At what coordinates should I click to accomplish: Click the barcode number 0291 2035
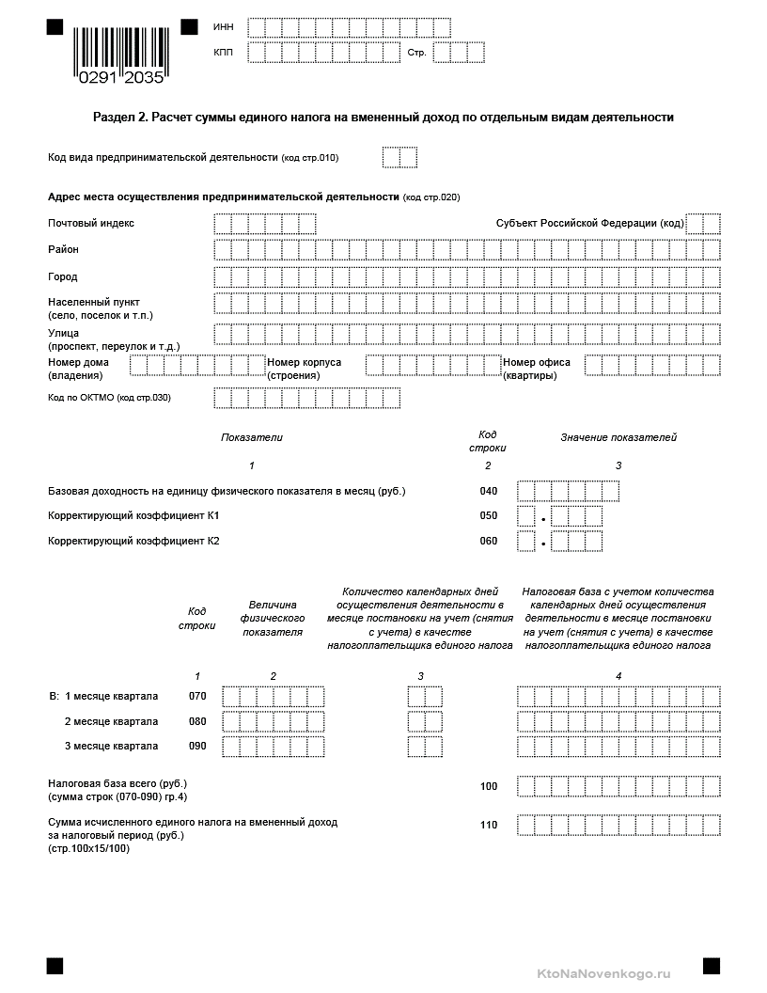[121, 78]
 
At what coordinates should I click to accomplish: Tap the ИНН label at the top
[224, 26]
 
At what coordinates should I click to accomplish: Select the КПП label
[224, 52]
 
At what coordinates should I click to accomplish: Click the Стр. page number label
[416, 53]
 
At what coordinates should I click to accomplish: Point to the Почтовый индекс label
[91, 223]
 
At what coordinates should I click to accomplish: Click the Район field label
[64, 249]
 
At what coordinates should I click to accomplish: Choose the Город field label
[63, 276]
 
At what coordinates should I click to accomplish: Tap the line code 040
[489, 491]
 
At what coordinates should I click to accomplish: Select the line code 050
[489, 516]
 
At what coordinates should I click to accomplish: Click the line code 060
[489, 541]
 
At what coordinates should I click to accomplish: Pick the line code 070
[197, 696]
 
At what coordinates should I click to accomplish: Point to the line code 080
[197, 721]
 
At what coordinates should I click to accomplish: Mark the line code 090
[197, 746]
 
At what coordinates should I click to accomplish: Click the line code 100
[489, 786]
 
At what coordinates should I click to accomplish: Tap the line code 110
[489, 825]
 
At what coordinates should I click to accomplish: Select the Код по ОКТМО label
[109, 398]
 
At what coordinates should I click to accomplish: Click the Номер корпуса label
[305, 362]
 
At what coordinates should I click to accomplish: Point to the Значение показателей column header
[618, 437]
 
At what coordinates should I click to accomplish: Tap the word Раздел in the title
[114, 118]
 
